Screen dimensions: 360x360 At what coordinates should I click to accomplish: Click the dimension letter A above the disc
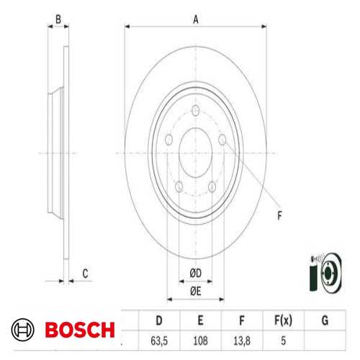click(195, 19)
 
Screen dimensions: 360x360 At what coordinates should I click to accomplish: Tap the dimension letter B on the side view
click(58, 20)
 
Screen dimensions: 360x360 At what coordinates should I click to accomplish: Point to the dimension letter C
click(85, 273)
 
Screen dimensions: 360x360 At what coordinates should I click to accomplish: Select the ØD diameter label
click(195, 271)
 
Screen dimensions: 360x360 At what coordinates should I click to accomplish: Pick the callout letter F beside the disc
click(280, 214)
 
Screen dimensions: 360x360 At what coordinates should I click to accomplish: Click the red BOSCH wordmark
click(79, 330)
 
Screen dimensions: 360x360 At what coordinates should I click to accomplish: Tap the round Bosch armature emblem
click(24, 330)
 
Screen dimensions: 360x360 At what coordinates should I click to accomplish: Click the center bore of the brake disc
click(195, 153)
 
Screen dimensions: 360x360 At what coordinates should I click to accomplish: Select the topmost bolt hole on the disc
click(196, 110)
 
